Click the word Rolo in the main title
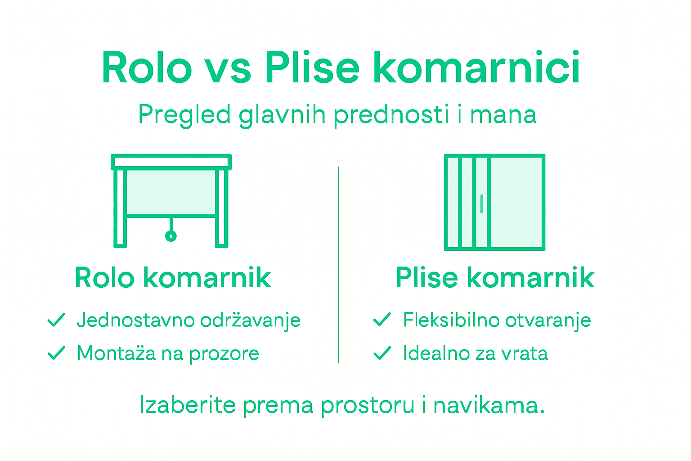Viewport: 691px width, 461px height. click(147, 68)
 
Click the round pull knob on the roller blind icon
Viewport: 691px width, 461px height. click(171, 235)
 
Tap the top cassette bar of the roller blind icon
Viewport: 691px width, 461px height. click(171, 162)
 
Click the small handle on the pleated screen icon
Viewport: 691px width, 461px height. click(482, 203)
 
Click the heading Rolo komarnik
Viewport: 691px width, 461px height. click(173, 278)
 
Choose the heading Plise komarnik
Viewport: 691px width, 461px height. click(495, 278)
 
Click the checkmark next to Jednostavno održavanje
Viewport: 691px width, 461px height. click(57, 320)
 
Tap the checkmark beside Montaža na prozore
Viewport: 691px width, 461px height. click(57, 353)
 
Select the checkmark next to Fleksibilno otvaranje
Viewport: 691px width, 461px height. click(382, 320)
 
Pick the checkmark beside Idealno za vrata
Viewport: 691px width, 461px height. click(382, 353)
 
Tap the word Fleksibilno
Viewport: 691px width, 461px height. click(451, 320)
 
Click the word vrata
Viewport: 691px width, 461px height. click(525, 353)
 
